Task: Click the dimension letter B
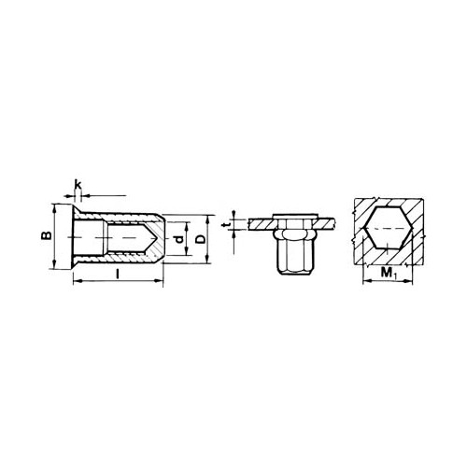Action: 47,235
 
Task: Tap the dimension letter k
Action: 78,185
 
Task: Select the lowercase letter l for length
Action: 117,274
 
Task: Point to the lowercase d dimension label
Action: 178,239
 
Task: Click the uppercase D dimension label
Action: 202,239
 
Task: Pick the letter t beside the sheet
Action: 227,224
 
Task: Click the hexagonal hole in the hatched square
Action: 389,228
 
